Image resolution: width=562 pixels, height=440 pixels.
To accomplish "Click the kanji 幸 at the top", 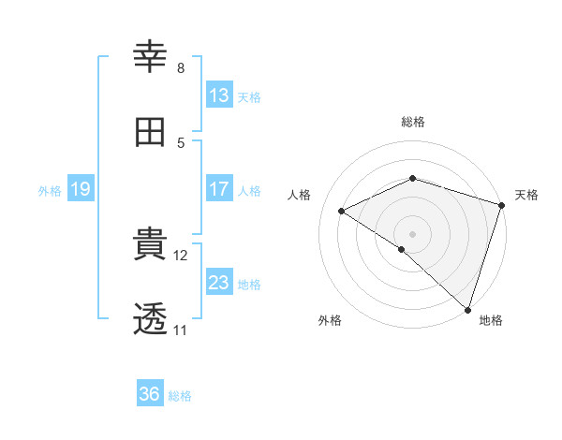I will [x=151, y=57].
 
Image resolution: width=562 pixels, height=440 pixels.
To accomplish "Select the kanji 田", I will [x=151, y=132].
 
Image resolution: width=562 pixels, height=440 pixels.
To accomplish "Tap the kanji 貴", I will [x=151, y=245].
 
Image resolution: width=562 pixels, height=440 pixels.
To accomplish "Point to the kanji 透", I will [x=151, y=320].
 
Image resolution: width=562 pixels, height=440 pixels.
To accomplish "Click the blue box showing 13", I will [x=218, y=95].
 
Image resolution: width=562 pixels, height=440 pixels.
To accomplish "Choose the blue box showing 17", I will [x=218, y=189].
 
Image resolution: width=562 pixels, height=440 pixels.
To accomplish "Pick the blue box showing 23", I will [x=218, y=283].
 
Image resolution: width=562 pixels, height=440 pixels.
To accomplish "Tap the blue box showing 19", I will [x=80, y=189].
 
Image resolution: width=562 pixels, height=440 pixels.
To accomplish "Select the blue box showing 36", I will [x=149, y=394].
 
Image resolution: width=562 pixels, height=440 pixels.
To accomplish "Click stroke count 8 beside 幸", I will [x=181, y=68].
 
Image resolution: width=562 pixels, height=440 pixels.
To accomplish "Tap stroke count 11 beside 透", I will [x=180, y=330].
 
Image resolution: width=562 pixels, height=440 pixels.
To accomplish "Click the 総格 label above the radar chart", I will [x=413, y=122].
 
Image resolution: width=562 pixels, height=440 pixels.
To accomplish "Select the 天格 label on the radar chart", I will [x=526, y=195].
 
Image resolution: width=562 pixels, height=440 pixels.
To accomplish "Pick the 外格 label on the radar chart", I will [x=330, y=320].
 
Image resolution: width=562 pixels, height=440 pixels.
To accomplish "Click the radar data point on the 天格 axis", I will [x=502, y=205].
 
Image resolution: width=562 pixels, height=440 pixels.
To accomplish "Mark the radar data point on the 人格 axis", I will [x=342, y=211].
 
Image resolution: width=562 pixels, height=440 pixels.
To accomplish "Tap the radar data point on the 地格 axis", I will [x=468, y=309].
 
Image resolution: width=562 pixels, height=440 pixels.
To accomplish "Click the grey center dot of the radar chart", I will [x=412, y=233].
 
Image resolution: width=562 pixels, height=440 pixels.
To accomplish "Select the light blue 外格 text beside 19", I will [x=50, y=190].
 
